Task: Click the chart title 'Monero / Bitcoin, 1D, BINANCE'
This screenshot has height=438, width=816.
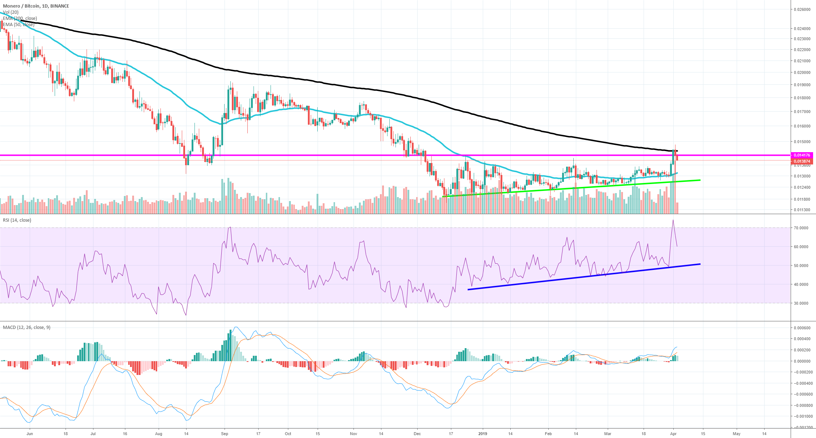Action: (36, 6)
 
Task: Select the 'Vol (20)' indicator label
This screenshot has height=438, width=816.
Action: (11, 12)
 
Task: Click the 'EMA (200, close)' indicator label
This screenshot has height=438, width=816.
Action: (20, 18)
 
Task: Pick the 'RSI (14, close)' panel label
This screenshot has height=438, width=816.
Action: (17, 220)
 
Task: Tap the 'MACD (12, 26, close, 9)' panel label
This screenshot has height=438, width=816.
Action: (26, 328)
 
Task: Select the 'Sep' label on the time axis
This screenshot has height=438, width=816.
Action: (225, 434)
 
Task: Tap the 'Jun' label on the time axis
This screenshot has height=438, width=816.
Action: (30, 434)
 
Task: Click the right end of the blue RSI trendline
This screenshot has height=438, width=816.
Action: (700, 264)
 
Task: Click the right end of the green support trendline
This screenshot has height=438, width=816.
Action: (700, 180)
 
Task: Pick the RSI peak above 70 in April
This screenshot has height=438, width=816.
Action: (673, 220)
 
